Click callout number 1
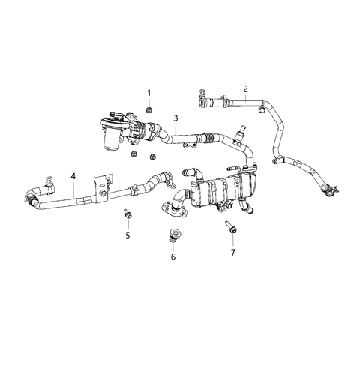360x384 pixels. [x=148, y=93]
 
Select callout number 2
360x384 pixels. [x=245, y=88]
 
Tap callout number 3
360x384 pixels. [x=175, y=118]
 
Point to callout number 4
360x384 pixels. [x=73, y=177]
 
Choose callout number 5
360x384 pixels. [x=127, y=235]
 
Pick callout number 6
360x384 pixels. [x=174, y=257]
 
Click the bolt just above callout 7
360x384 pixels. [x=229, y=229]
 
